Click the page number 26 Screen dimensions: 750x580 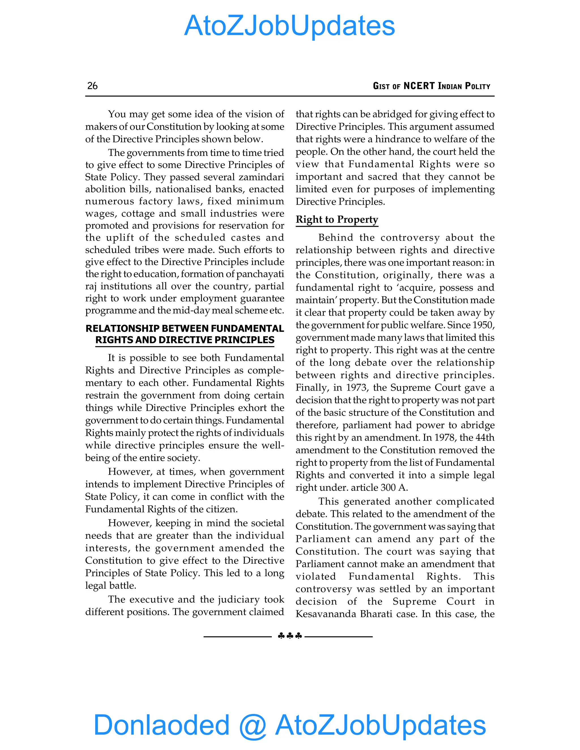(92, 86)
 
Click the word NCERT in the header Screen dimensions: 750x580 (419, 86)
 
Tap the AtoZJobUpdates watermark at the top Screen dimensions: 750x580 (290, 26)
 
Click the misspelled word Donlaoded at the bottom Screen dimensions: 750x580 (161, 725)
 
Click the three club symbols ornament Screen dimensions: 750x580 (290, 636)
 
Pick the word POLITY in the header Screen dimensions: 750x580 (477, 86)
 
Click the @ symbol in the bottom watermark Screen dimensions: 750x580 (252, 725)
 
